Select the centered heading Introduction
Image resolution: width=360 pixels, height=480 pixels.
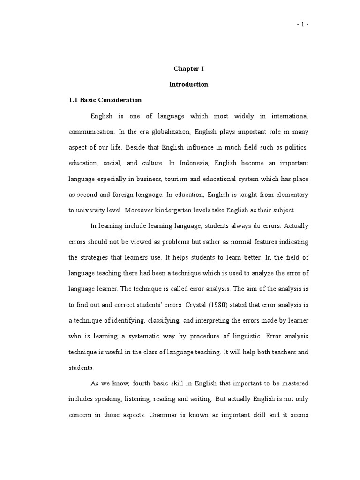pos(188,85)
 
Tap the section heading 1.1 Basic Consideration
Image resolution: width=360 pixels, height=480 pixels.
pos(105,100)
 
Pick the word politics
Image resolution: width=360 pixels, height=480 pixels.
pos(296,148)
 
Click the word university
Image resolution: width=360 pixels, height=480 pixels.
pos(96,210)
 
